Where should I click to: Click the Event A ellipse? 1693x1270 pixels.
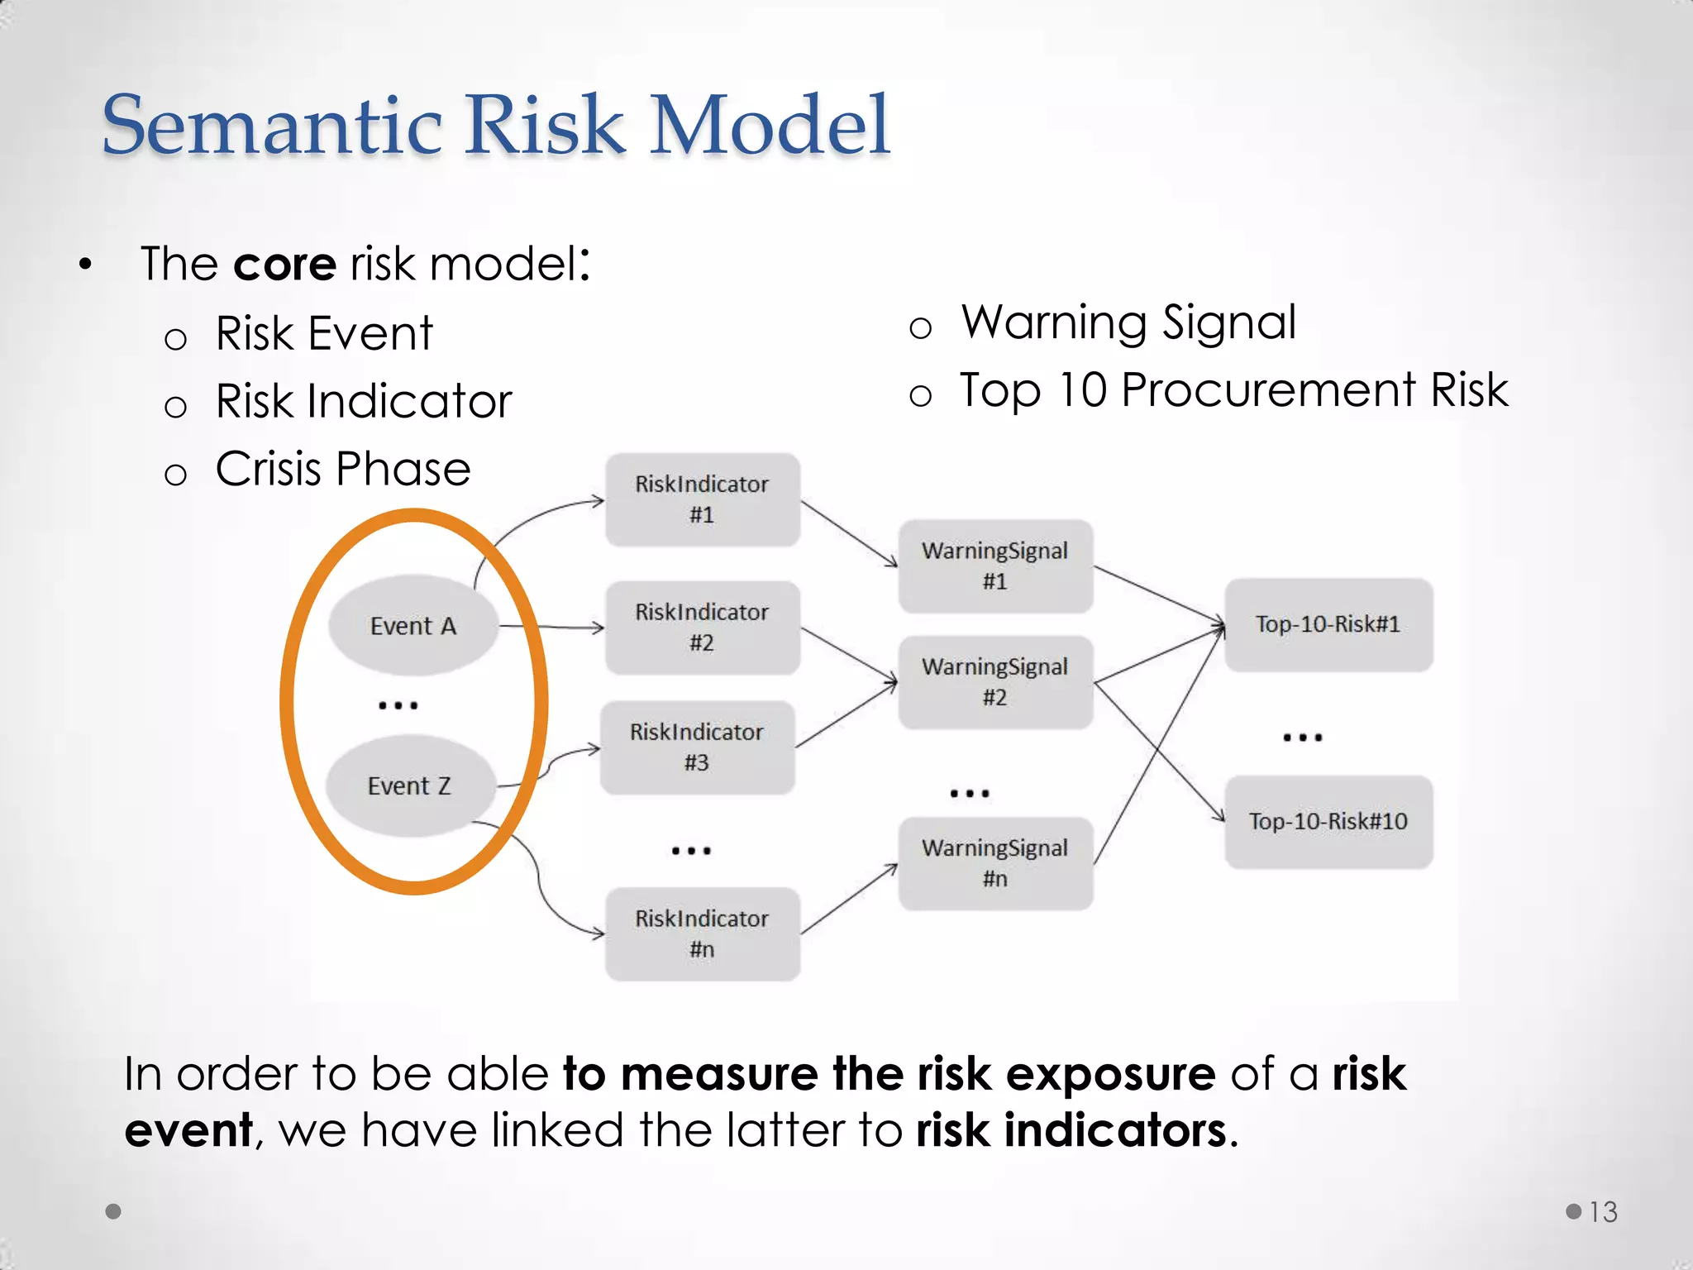413,625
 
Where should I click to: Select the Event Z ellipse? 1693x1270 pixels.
410,785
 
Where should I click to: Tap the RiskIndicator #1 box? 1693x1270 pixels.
702,499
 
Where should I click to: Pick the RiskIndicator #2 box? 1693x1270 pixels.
702,628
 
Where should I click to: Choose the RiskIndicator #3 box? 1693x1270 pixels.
697,747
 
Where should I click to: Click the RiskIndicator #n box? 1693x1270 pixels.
702,933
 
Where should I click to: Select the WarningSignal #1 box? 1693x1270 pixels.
995,566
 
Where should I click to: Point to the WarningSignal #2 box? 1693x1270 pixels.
995,682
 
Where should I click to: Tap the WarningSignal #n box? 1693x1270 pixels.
995,863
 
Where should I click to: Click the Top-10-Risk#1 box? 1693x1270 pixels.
1328,624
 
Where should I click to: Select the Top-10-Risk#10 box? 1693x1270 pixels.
1328,821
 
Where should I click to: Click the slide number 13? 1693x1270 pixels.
1603,1212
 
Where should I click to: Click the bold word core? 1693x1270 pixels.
284,265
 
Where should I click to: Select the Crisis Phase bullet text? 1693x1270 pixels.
342,469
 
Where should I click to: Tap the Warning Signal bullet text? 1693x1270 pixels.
1128,322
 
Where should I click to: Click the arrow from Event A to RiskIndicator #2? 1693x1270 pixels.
553,628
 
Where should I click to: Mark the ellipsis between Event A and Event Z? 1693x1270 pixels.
398,705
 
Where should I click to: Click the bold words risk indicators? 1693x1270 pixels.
1071,1130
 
